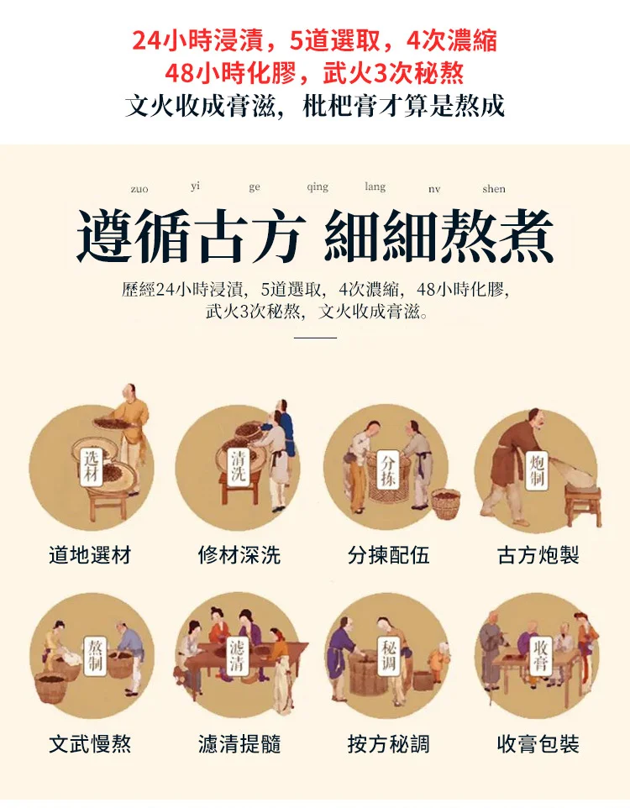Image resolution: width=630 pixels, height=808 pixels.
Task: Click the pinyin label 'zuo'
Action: [x=139, y=189]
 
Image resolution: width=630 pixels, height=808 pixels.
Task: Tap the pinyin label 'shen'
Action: [x=493, y=189]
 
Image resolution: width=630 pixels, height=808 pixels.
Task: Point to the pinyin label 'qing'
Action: [x=318, y=187]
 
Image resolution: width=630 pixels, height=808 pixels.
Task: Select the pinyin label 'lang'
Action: [x=375, y=186]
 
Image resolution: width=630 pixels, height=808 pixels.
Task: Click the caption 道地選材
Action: [x=90, y=555]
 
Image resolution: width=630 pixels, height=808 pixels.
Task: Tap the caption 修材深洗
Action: [x=239, y=555]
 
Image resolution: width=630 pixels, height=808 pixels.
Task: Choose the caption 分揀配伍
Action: [x=389, y=555]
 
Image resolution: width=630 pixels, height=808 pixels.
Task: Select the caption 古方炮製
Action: [x=538, y=555]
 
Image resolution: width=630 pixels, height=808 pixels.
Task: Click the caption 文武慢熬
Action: [x=90, y=743]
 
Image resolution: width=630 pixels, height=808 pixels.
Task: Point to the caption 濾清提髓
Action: [x=239, y=743]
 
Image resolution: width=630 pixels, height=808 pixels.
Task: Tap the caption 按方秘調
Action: [x=389, y=743]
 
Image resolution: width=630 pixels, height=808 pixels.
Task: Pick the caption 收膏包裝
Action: [x=538, y=743]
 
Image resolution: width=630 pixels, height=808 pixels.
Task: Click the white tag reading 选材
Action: [x=92, y=466]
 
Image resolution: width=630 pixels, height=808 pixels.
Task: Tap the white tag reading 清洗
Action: [x=239, y=466]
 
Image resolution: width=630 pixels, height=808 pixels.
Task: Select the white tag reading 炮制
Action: [x=537, y=470]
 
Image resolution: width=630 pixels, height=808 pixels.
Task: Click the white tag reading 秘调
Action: [x=388, y=655]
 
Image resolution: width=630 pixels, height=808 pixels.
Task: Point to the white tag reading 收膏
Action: [x=540, y=655]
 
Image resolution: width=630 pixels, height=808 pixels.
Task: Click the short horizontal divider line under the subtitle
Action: [x=315, y=338]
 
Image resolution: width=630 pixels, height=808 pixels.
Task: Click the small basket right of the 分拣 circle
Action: [x=446, y=503]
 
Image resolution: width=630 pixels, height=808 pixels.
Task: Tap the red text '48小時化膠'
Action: [x=230, y=73]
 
